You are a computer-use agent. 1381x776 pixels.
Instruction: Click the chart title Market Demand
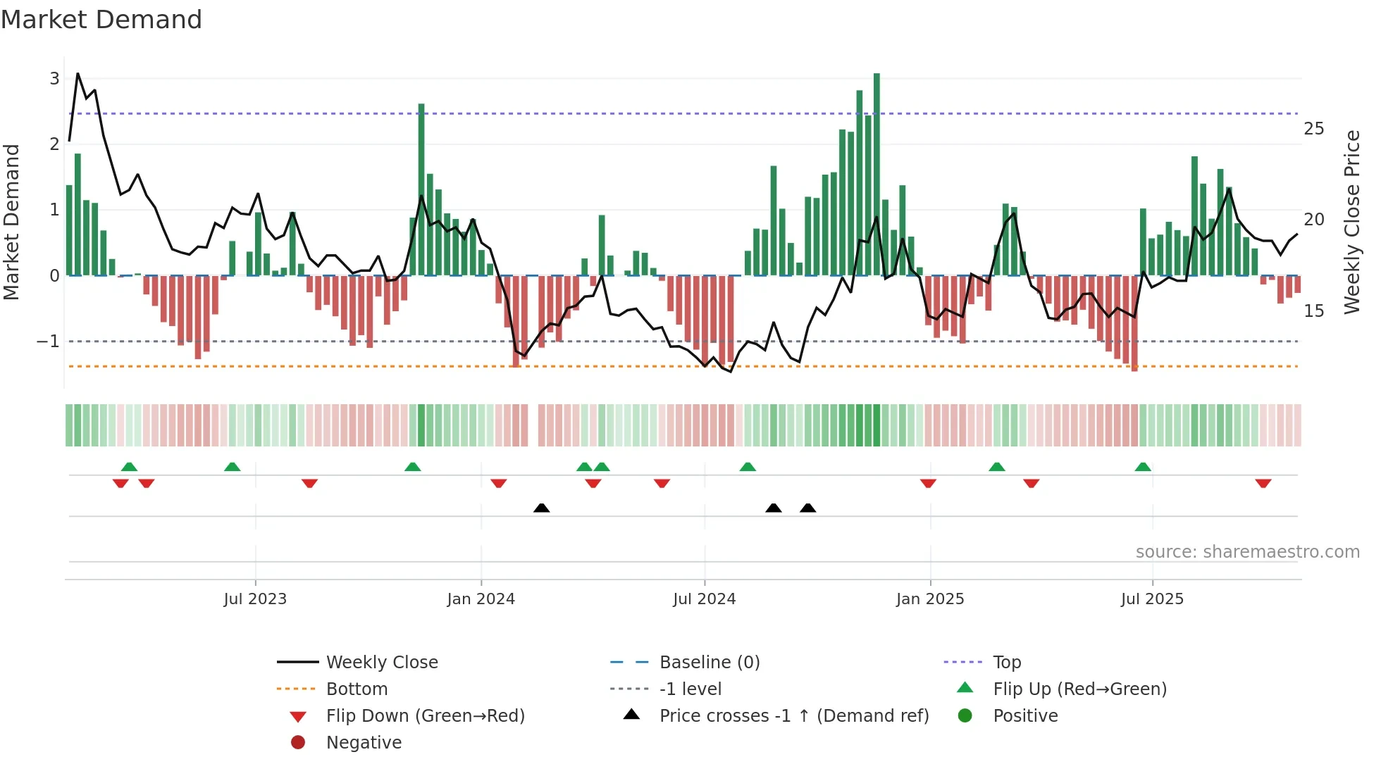click(x=101, y=20)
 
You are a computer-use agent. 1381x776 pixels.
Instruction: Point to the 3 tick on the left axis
click(x=54, y=78)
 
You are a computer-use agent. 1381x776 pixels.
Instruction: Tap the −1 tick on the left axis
click(x=49, y=342)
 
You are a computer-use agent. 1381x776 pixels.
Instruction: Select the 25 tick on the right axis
click(x=1313, y=129)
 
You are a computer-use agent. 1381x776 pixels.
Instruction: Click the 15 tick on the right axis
click(x=1313, y=311)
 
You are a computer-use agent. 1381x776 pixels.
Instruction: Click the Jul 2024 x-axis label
click(x=704, y=599)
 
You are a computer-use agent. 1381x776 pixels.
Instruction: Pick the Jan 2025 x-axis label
click(x=929, y=599)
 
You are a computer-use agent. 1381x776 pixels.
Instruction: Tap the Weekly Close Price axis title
click(x=1351, y=222)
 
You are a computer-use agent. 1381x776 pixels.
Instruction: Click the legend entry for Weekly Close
click(x=381, y=662)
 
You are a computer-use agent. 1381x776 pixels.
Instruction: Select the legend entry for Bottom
click(x=357, y=689)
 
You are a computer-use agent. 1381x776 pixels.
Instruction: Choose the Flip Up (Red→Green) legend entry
click(x=1079, y=689)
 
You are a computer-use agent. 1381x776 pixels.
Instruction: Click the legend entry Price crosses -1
click(x=793, y=715)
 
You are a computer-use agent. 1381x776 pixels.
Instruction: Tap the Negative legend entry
click(x=364, y=742)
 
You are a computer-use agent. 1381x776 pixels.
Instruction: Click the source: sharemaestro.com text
click(x=1247, y=551)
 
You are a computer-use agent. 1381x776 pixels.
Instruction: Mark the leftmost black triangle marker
click(x=541, y=508)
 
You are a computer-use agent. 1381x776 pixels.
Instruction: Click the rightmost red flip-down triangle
click(x=1263, y=483)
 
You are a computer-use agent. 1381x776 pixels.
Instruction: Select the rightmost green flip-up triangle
click(x=1143, y=467)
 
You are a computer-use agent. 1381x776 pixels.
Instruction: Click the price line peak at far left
click(x=78, y=74)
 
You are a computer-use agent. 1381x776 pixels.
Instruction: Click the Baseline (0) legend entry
click(x=709, y=662)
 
